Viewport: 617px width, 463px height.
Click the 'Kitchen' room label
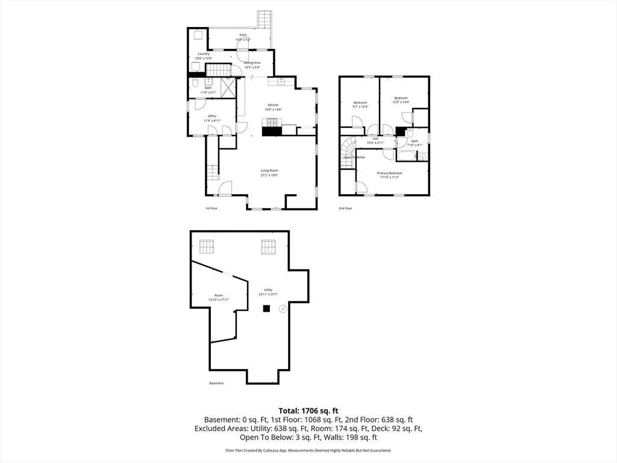click(x=273, y=105)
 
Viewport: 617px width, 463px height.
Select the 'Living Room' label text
click(x=269, y=171)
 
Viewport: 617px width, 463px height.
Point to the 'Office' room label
click(x=212, y=116)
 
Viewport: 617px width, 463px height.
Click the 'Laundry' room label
click(x=203, y=54)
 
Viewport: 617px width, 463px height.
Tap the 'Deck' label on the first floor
click(x=243, y=35)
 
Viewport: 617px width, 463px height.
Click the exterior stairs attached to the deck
click(x=264, y=20)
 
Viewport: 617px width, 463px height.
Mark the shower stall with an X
click(x=228, y=89)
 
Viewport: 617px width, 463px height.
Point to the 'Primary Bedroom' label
click(x=389, y=173)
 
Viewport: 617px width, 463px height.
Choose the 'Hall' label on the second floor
click(x=375, y=138)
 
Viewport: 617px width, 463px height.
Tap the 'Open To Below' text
click(x=354, y=157)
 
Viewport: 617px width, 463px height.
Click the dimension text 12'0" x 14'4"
click(x=401, y=102)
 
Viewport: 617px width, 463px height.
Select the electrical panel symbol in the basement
click(x=283, y=309)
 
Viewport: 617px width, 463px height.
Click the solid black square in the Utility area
click(x=266, y=309)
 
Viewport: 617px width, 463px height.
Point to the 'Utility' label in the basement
click(x=268, y=289)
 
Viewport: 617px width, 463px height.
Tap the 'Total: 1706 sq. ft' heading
click(x=308, y=410)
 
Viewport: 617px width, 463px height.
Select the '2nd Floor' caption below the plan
click(x=345, y=208)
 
